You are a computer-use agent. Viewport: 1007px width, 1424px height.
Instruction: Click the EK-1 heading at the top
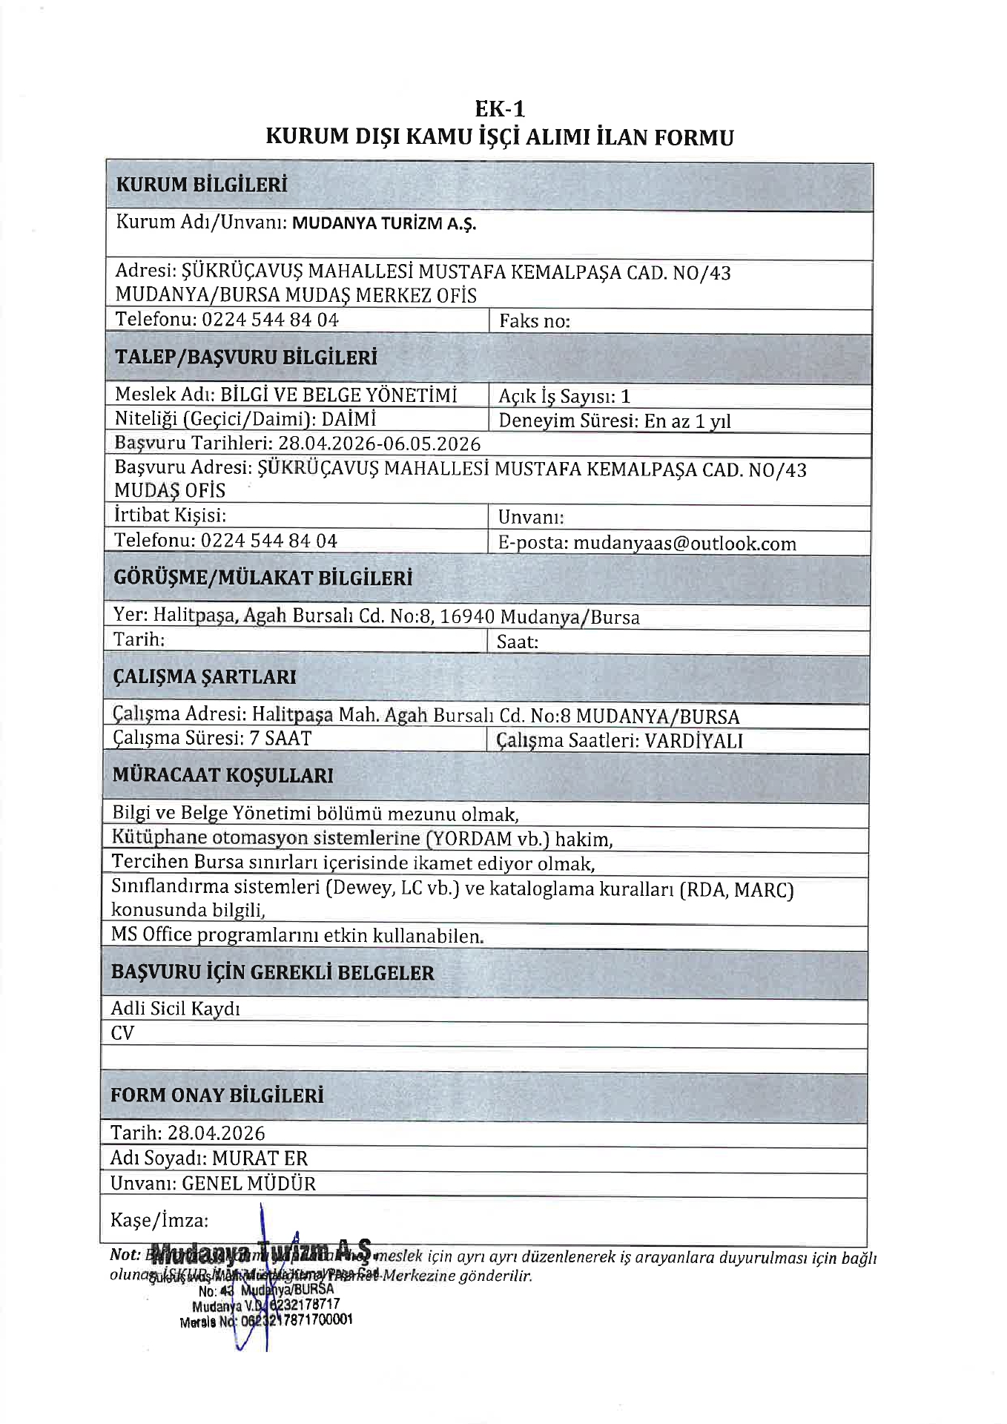coord(500,109)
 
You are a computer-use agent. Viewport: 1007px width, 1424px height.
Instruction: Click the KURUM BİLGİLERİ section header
coord(201,185)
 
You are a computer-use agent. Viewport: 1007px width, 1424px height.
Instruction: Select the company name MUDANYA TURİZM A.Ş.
coord(384,223)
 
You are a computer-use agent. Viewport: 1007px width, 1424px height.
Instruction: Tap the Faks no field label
coord(534,321)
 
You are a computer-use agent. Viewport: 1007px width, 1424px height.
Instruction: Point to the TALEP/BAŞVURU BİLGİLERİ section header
coord(245,357)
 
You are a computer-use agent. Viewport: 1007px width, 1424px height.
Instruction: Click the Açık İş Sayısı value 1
coord(625,396)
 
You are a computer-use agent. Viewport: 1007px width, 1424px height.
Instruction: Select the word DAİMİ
coord(349,419)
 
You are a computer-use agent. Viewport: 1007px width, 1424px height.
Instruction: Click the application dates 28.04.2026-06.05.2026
coord(379,444)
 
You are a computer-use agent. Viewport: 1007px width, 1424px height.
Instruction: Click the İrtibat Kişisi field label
coord(170,515)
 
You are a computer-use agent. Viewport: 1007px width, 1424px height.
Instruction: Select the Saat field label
coord(518,642)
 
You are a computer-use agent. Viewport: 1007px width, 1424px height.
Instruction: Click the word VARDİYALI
coord(693,740)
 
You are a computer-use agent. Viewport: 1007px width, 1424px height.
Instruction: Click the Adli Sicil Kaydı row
coord(175,1008)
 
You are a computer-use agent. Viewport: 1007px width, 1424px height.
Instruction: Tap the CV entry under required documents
coord(122,1033)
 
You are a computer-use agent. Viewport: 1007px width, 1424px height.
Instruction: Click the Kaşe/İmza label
coord(159,1220)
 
